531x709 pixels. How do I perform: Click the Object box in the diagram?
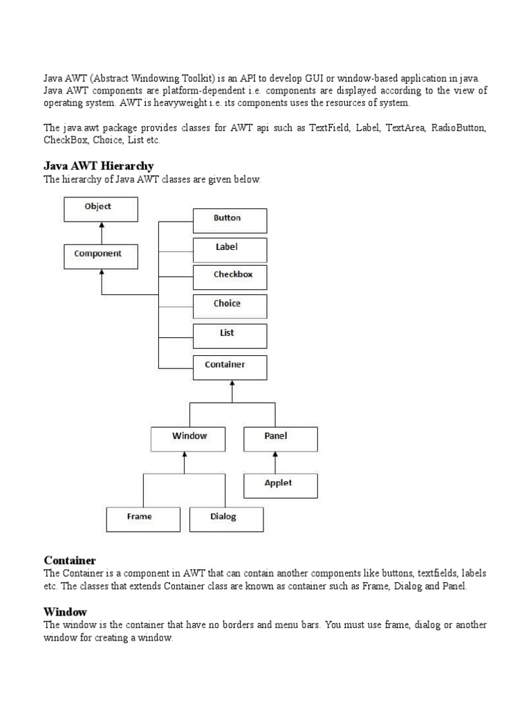(x=101, y=208)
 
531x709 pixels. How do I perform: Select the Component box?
(x=101, y=255)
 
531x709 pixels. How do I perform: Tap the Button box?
(x=230, y=219)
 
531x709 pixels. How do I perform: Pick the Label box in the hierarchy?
(x=230, y=249)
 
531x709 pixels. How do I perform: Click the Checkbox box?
(x=230, y=277)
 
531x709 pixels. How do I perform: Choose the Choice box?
(x=230, y=305)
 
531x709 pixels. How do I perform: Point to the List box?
(x=230, y=334)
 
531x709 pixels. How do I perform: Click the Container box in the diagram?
(x=230, y=366)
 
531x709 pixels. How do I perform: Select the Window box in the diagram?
(x=189, y=438)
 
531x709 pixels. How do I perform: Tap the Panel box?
(x=280, y=438)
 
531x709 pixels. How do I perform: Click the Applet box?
(x=280, y=485)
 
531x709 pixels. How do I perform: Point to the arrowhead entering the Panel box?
(x=276, y=455)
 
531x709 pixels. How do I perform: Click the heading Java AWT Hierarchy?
(x=99, y=166)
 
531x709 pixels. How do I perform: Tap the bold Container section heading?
(x=70, y=559)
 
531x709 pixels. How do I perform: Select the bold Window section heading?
(x=66, y=611)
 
